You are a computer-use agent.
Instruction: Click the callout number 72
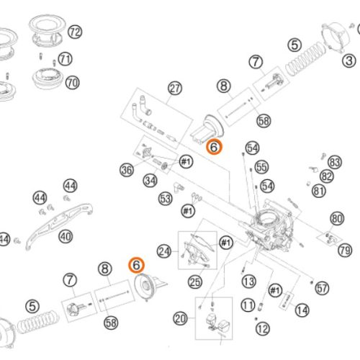click(x=76, y=32)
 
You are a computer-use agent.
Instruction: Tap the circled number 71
click(x=66, y=59)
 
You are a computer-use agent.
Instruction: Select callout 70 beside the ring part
click(x=72, y=83)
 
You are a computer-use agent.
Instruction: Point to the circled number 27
click(x=175, y=89)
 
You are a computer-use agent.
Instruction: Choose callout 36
click(x=127, y=170)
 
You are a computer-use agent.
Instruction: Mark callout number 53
click(x=166, y=197)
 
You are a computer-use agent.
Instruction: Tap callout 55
click(x=261, y=167)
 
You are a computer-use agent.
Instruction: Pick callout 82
click(x=328, y=176)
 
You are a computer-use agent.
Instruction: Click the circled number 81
click(x=319, y=191)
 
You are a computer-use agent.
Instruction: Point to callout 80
click(x=336, y=218)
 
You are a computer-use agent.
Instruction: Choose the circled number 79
click(x=344, y=251)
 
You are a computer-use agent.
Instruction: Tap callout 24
click(x=164, y=251)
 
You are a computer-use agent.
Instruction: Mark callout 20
click(x=180, y=318)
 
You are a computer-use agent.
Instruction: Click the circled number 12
click(x=262, y=328)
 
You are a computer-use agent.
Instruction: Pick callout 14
click(x=301, y=310)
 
